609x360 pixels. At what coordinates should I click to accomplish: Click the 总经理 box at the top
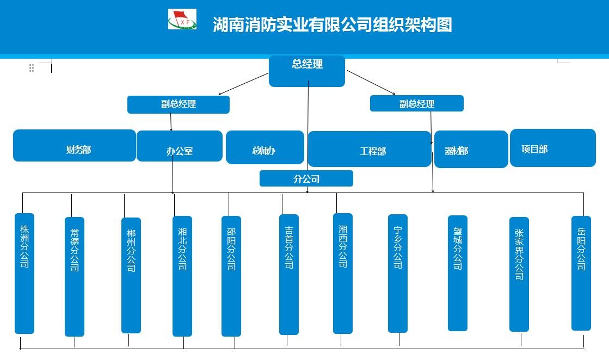[306, 71]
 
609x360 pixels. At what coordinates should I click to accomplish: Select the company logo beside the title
[182, 20]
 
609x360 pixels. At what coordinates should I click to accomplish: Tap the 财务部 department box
[74, 146]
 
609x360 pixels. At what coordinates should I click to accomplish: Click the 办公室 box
[179, 146]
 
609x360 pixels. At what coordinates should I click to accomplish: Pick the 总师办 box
[264, 147]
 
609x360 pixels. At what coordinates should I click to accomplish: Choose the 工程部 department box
[370, 149]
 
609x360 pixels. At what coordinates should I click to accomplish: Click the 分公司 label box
[306, 178]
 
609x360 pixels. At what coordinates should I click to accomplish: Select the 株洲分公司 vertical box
[24, 273]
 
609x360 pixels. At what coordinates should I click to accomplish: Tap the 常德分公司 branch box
[75, 276]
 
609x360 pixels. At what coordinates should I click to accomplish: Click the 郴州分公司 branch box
[131, 275]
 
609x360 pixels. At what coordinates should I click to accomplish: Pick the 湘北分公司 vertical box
[182, 276]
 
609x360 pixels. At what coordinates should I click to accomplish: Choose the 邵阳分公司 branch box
[231, 276]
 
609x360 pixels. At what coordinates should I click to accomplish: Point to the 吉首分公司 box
[289, 274]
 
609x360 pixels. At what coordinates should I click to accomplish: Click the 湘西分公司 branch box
[342, 273]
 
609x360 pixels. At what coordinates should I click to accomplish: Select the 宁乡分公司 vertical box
[398, 273]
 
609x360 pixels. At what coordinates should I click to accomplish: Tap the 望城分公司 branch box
[458, 273]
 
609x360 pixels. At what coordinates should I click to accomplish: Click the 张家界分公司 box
[519, 274]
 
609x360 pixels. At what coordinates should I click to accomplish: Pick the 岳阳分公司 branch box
[581, 273]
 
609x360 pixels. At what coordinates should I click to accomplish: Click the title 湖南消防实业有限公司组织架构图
[332, 25]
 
